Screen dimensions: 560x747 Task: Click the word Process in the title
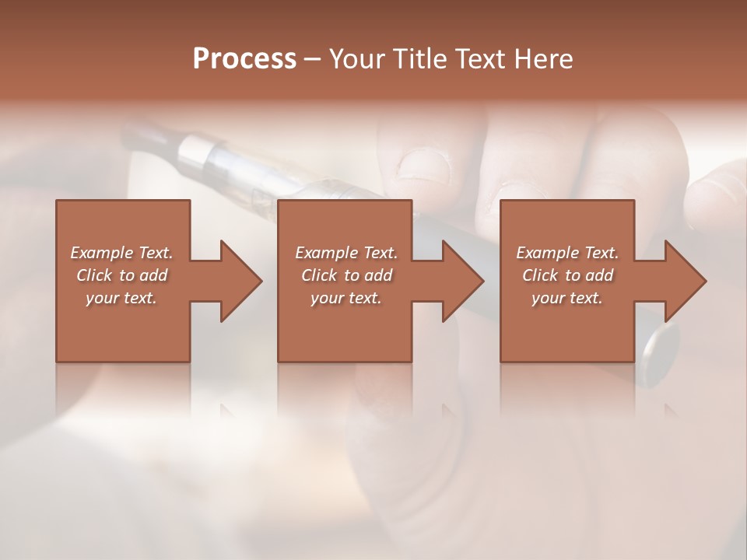click(x=244, y=59)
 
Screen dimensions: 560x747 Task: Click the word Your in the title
click(x=358, y=59)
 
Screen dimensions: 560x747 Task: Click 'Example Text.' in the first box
click(x=121, y=253)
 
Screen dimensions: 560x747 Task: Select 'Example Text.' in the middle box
click(x=345, y=253)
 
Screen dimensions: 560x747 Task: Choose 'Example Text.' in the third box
click(x=567, y=253)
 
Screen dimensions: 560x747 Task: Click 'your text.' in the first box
click(x=121, y=298)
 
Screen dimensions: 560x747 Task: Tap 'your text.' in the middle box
click(x=345, y=298)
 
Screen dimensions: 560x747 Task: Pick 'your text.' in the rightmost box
click(x=567, y=298)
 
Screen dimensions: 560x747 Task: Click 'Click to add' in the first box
click(x=121, y=275)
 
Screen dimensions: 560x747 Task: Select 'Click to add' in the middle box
click(x=345, y=275)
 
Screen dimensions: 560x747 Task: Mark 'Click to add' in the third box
click(x=567, y=275)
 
